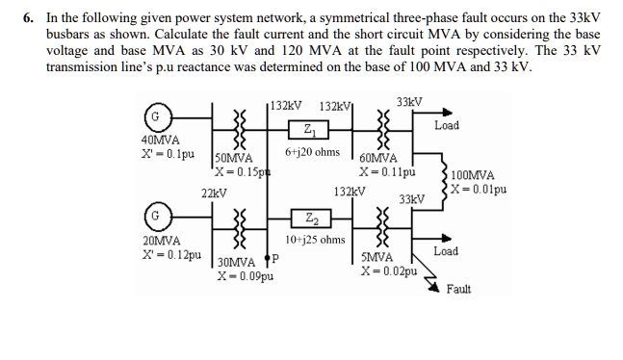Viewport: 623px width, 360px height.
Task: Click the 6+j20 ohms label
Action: (x=312, y=152)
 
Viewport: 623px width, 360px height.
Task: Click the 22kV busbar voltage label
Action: (x=214, y=193)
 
